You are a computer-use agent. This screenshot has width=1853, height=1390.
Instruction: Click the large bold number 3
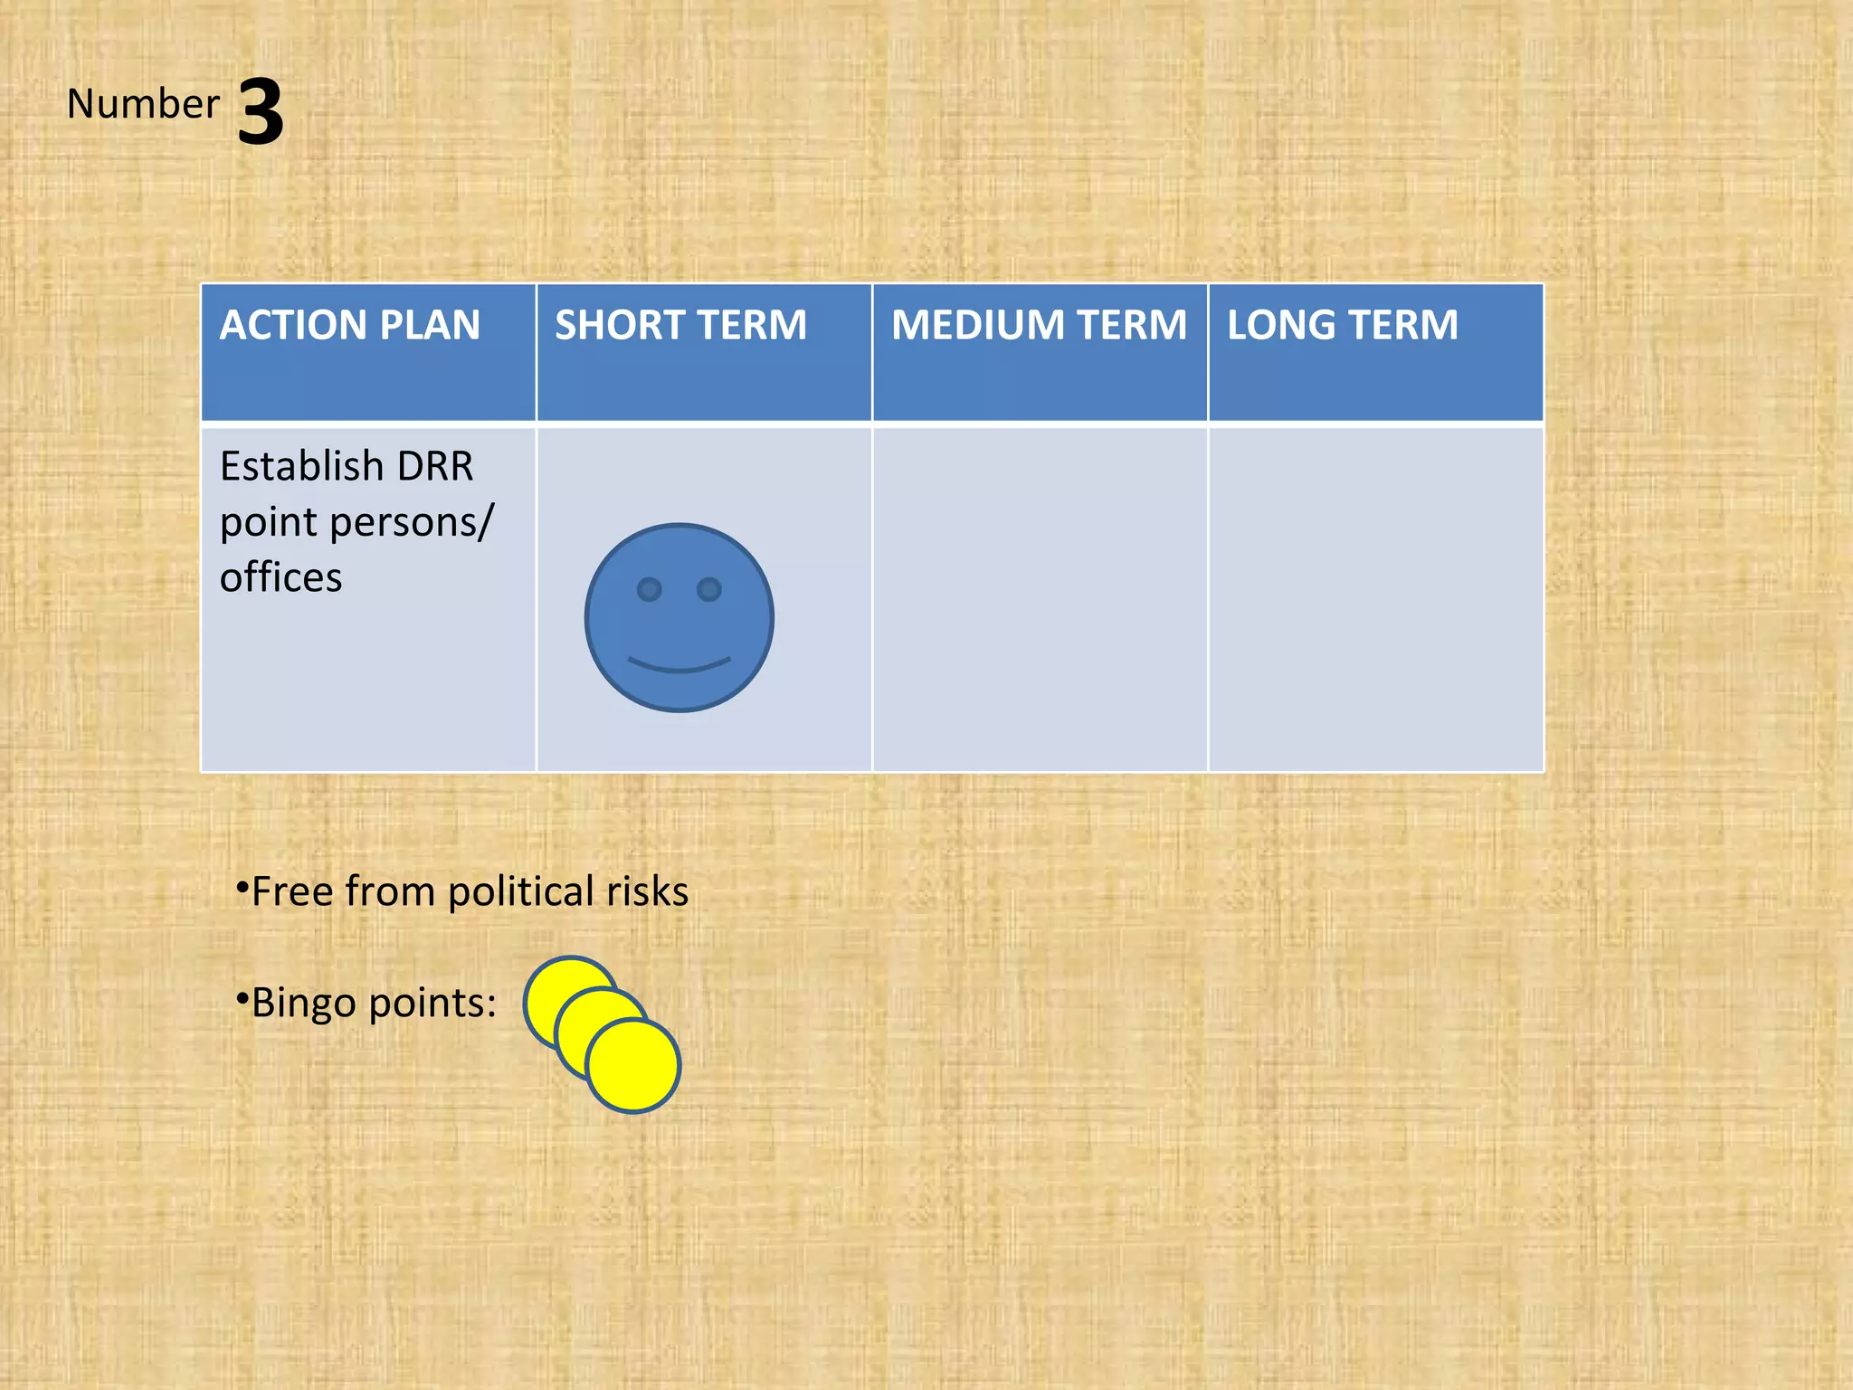tap(261, 111)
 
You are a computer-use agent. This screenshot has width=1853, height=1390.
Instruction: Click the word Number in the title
tap(143, 104)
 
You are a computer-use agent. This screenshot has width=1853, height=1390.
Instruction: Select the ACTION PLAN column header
tap(349, 325)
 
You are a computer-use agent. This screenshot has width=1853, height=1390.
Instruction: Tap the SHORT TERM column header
tap(680, 325)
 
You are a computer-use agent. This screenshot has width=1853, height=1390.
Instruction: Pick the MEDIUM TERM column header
tap(1039, 325)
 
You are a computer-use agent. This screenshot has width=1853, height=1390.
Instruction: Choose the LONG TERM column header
tap(1342, 325)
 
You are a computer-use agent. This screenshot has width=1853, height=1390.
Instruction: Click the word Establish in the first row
tap(302, 467)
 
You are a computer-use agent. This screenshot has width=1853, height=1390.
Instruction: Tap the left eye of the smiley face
tap(649, 590)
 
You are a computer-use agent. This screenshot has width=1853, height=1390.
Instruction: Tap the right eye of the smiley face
tap(709, 590)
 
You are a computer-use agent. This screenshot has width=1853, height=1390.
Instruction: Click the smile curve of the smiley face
tap(679, 667)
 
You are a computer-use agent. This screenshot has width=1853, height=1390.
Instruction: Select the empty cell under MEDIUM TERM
tap(1040, 599)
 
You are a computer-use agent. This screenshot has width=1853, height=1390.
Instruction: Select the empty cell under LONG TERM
tap(1375, 599)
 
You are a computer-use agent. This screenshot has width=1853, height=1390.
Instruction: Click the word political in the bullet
tap(520, 892)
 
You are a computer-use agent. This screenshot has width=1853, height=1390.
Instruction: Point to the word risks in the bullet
tap(647, 892)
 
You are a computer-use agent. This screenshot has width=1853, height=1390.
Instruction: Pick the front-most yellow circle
tap(633, 1066)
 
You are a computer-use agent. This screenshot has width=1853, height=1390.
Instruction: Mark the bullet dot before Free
tap(242, 888)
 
